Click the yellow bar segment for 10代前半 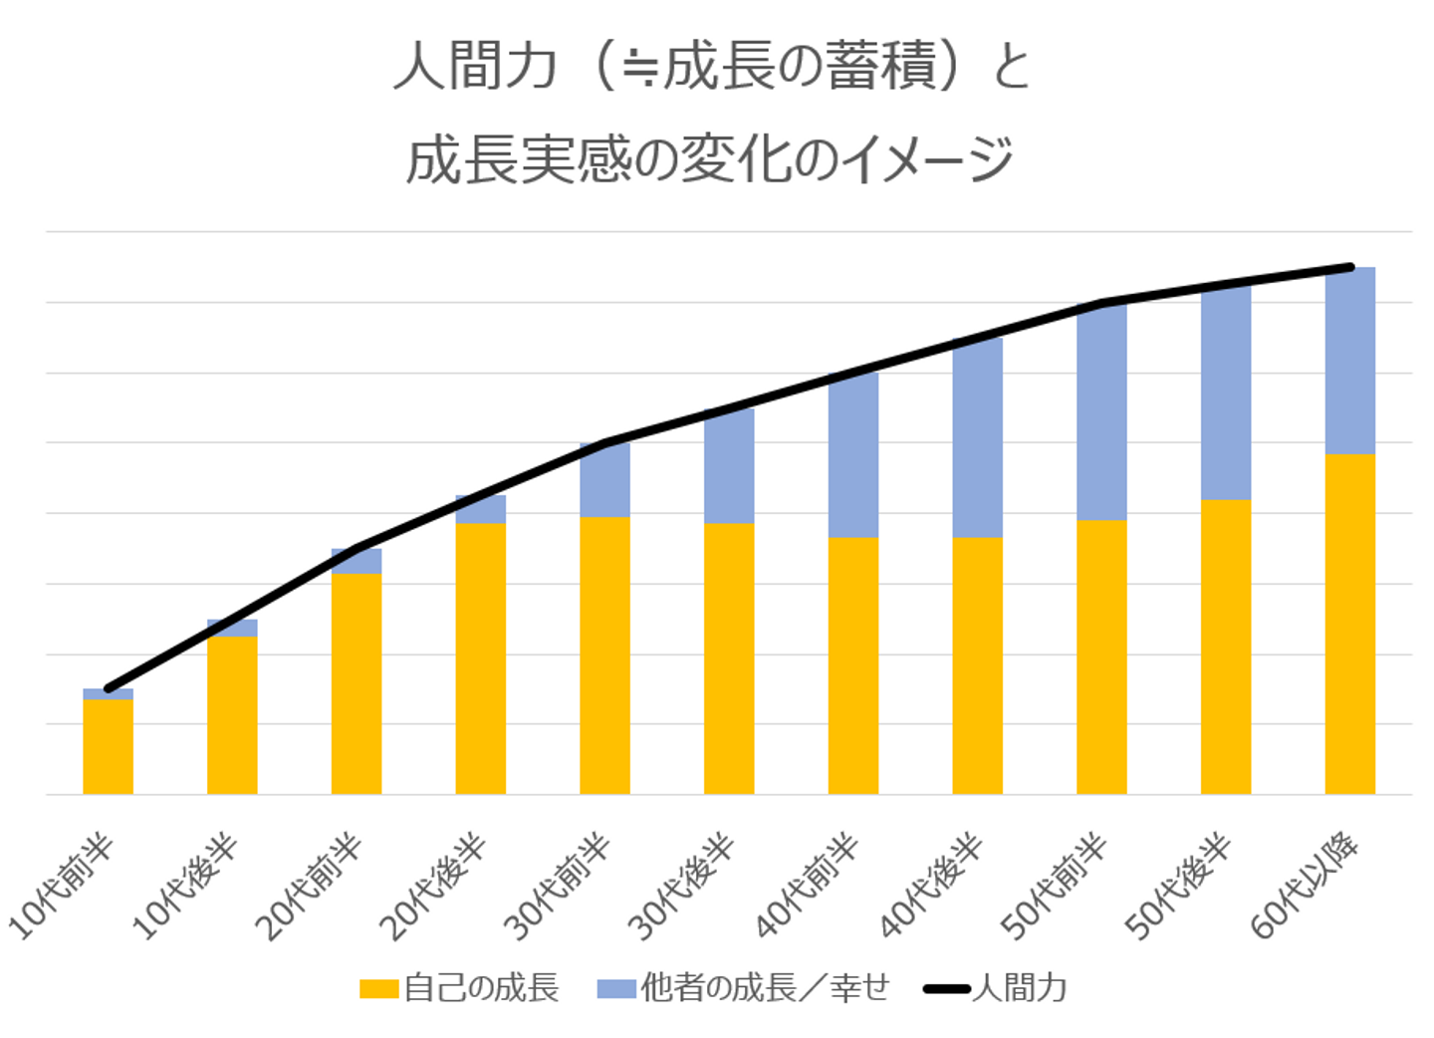108,746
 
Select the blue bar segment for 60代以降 1349,361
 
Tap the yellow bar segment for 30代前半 604,654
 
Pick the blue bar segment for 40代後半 977,438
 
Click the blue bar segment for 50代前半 1101,411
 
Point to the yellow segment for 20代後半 480,657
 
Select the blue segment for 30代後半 729,466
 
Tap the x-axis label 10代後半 186,888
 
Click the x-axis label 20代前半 310,888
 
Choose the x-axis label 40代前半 808,888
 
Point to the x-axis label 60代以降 1306,888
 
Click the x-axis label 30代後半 683,888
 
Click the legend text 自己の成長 481,988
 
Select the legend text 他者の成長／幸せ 764,988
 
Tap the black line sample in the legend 946,989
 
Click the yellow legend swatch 379,989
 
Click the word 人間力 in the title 474,68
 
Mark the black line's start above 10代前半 108,688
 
